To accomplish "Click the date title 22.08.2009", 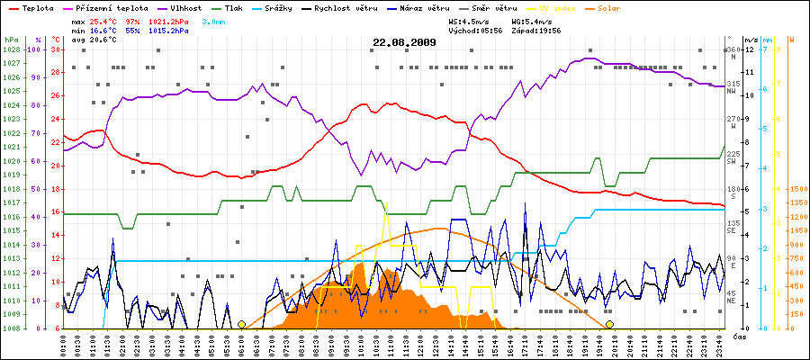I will pos(404,41).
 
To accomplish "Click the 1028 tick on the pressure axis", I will pos(12,49).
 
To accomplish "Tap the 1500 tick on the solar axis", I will pos(797,190).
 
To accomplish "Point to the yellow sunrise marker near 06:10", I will pos(241,324).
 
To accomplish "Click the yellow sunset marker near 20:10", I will pos(610,324).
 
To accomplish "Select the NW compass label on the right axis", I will pos(733,90).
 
